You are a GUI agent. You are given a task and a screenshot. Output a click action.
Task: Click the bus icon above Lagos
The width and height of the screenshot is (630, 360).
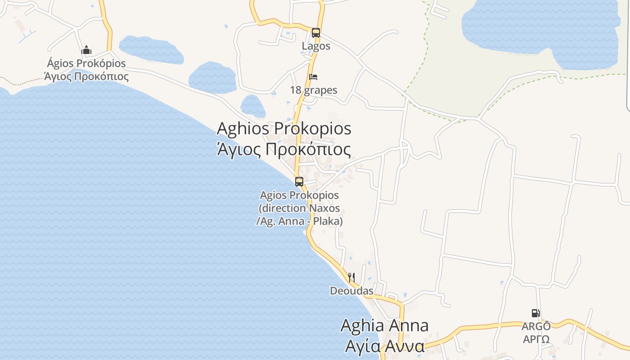point(316,33)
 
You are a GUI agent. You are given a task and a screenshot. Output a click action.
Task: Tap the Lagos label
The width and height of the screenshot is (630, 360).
point(316,46)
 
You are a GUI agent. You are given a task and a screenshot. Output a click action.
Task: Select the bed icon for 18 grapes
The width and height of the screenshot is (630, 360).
point(313,77)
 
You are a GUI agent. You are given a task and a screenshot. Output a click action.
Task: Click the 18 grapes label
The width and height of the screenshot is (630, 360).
point(314,90)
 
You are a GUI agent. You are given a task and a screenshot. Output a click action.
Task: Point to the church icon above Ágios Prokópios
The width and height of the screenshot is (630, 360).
point(86,50)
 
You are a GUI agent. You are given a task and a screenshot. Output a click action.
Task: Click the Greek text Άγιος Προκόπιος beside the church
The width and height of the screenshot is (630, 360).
point(86,76)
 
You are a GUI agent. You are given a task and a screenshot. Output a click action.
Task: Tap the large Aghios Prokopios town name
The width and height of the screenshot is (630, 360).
point(284,128)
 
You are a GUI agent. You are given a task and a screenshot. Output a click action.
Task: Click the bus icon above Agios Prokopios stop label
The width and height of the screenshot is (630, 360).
point(299,182)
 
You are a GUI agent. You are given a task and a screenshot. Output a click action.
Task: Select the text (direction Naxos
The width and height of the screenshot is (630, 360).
point(299,208)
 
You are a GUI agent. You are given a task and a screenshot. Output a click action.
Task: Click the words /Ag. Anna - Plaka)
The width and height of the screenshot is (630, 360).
point(299,221)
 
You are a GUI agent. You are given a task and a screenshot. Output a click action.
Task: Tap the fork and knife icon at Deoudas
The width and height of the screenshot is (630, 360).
point(351,277)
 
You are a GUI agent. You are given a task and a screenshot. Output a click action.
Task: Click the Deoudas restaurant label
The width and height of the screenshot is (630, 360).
point(351,291)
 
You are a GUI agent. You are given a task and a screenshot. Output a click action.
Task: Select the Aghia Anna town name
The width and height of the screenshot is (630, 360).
point(384,325)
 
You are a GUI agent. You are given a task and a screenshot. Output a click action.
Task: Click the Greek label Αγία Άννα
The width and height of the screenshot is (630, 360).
point(384,346)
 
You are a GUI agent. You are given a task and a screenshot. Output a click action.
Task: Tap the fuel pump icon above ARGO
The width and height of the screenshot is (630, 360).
point(535,313)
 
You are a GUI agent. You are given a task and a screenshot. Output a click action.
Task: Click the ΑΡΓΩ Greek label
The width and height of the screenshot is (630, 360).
point(536,339)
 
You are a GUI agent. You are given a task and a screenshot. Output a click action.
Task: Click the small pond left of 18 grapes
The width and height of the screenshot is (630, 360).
point(212,77)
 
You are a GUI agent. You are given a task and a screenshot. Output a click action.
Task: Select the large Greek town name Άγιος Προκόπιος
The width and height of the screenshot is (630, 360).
point(284,149)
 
